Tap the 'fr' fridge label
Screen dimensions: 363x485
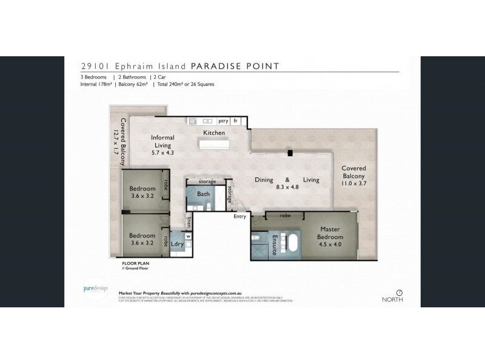236,121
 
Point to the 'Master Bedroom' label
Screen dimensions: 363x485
332,233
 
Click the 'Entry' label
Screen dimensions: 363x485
241,216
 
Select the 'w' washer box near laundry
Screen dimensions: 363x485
188,236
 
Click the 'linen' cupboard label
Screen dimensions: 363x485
189,221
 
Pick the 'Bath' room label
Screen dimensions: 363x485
203,194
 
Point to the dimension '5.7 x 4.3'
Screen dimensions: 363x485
162,153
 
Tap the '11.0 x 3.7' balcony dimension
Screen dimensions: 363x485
353,183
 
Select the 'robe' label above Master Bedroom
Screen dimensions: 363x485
285,215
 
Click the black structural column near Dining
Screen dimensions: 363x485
290,153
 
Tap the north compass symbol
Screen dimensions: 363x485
400,292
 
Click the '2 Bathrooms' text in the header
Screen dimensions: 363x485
129,77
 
